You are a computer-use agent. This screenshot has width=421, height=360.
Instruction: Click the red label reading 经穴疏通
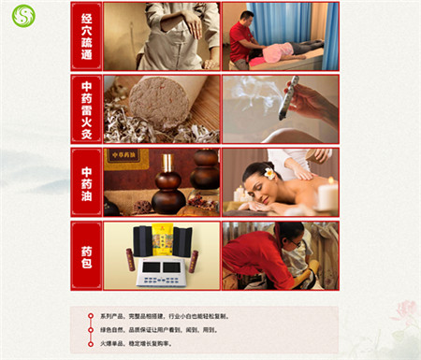(x=86, y=36)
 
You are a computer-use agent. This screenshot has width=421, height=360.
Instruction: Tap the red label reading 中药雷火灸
(x=86, y=108)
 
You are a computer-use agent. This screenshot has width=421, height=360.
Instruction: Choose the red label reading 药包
(x=86, y=254)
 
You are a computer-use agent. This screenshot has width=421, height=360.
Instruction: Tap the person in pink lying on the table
(x=285, y=52)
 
